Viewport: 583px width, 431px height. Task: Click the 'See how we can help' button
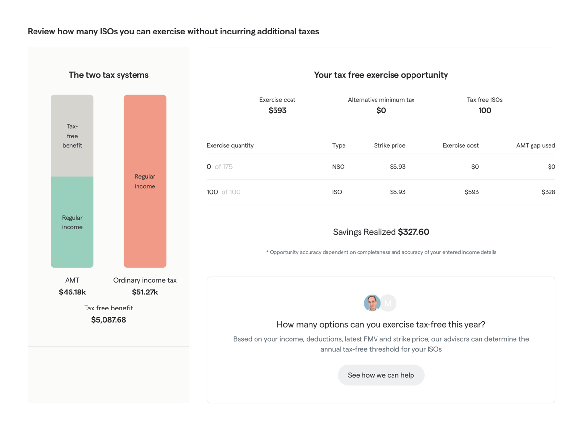381,375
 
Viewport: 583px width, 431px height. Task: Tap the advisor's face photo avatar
372,303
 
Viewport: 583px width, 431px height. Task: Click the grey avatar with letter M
389,303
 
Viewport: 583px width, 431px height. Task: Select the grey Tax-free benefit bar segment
72,136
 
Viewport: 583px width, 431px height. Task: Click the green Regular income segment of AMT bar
72,222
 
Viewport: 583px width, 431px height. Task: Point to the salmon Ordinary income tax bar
145,181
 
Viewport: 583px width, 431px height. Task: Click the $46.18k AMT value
72,292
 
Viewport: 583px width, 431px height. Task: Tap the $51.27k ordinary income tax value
145,292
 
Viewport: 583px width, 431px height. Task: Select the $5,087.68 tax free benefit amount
108,320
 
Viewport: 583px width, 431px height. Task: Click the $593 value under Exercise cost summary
277,110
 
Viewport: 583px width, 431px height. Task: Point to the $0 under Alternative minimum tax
381,110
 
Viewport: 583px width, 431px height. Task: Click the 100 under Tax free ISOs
484,110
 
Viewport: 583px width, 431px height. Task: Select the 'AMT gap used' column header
535,145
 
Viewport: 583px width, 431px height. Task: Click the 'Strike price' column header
389,145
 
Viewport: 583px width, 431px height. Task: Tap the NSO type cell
338,167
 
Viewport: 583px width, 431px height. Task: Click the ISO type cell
337,192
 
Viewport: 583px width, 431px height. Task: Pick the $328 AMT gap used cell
548,192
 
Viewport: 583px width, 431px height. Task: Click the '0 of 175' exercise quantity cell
220,167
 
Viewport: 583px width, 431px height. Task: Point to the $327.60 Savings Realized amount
413,232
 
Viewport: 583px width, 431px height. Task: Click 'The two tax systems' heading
108,75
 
